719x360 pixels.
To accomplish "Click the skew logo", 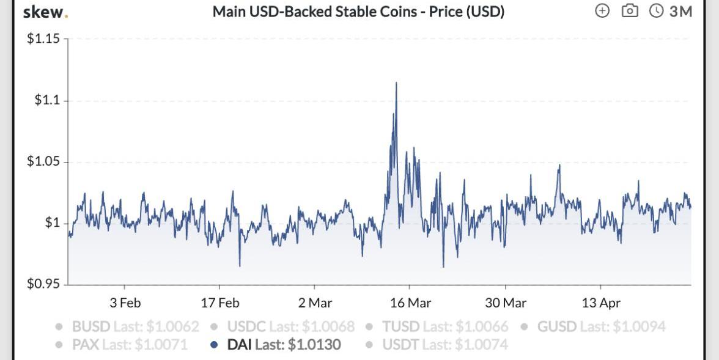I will [x=45, y=12].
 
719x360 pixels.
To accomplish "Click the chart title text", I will [x=358, y=12].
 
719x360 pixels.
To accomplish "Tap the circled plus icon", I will [x=602, y=11].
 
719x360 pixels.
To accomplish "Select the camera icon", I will [x=630, y=11].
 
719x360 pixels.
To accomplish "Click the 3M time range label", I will [x=679, y=11].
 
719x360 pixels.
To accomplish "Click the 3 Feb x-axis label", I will [x=125, y=303].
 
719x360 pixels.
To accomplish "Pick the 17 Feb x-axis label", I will [x=219, y=303].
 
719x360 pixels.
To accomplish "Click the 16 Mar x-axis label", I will [x=410, y=303].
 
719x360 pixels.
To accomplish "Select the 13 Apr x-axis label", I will [x=600, y=303].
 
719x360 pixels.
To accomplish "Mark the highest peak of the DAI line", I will [x=396, y=83].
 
